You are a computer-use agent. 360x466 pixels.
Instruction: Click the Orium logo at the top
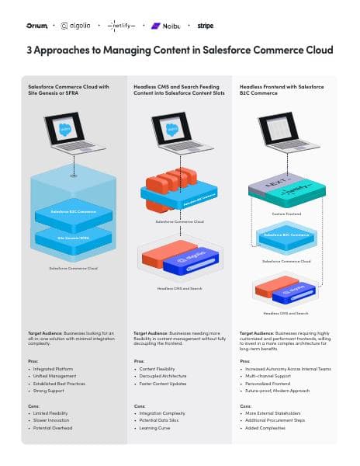(x=37, y=26)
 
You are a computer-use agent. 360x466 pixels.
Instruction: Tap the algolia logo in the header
(x=75, y=26)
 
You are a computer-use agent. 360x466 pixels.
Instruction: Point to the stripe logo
(x=206, y=26)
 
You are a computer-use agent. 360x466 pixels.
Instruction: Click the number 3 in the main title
(x=29, y=50)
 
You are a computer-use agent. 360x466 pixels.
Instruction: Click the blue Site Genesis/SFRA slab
(x=73, y=240)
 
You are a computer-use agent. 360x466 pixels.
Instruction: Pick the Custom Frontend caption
(x=286, y=214)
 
